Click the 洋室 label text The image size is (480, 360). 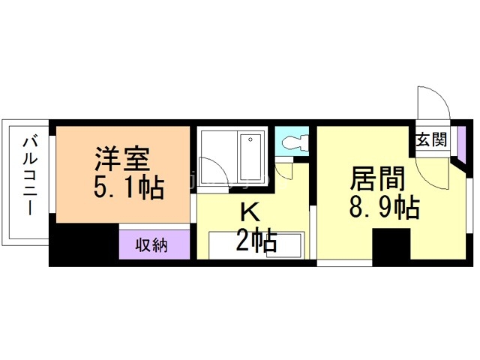click(x=123, y=160)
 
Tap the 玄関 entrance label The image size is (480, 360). click(x=431, y=139)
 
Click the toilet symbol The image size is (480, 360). click(x=293, y=140)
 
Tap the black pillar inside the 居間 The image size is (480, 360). click(x=391, y=247)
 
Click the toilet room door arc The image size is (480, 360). click(x=286, y=170)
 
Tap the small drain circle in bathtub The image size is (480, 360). click(x=250, y=139)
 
